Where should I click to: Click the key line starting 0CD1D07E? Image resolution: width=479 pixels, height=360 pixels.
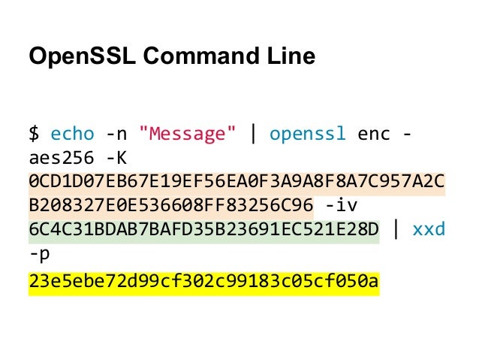tap(236, 183)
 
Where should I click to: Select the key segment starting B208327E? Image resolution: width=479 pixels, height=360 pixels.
tap(170, 207)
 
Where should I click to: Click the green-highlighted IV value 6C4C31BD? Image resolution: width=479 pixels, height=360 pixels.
tap(203, 230)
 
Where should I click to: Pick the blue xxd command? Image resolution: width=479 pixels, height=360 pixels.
tap(429, 230)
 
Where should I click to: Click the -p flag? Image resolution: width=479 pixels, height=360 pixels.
tap(39, 254)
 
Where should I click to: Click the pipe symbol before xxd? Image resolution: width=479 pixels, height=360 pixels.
tap(396, 230)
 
